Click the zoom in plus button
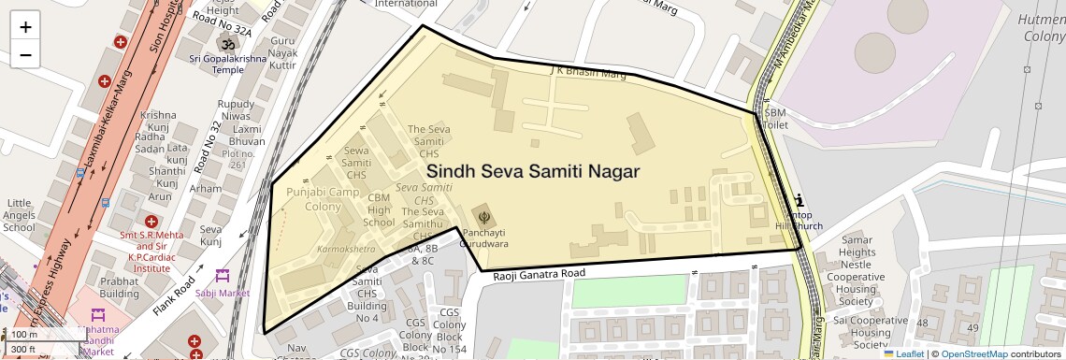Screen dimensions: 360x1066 pos(25,27)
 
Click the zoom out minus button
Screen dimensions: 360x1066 pos(25,54)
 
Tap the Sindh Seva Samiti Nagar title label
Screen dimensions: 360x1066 pos(533,172)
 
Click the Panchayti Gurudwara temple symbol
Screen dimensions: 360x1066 pos(483,217)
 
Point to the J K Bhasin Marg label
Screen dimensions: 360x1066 pos(587,71)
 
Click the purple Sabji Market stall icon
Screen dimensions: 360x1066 pos(222,276)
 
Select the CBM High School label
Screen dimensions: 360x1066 pos(379,210)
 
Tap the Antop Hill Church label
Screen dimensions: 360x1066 pos(799,221)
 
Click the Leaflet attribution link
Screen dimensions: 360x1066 pos(902,353)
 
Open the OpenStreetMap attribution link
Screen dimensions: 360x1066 pos(973,353)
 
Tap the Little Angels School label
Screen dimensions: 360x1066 pos(20,215)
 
